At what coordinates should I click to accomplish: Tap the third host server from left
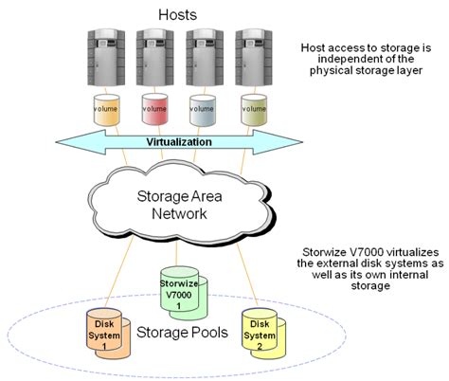click(x=203, y=57)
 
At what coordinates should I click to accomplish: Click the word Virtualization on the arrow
click(x=178, y=142)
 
